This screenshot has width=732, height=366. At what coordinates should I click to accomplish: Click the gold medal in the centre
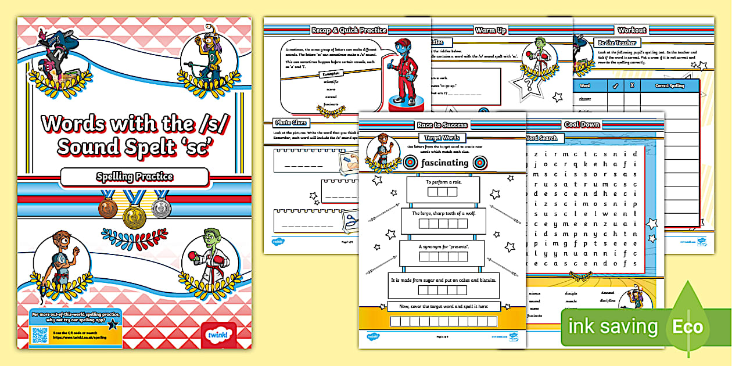pyautogui.click(x=135, y=216)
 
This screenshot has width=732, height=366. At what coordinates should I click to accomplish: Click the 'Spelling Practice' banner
pyautogui.click(x=134, y=177)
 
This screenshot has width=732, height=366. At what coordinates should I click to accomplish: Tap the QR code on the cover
pyautogui.click(x=40, y=336)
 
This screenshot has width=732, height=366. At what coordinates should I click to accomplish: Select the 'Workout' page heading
pyautogui.click(x=631, y=30)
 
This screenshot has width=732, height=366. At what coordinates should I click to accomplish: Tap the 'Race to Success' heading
pyautogui.click(x=442, y=125)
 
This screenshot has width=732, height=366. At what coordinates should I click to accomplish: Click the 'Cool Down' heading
pyautogui.click(x=582, y=125)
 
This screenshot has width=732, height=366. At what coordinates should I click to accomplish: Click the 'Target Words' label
pyautogui.click(x=443, y=138)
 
